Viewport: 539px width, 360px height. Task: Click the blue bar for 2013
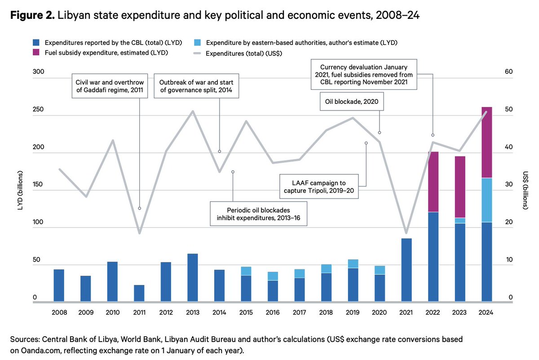[x=192, y=277]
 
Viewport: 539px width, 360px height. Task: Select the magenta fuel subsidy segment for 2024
[x=486, y=142]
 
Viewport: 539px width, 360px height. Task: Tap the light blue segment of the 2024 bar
[x=486, y=200]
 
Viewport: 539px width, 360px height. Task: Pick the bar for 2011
[x=139, y=293]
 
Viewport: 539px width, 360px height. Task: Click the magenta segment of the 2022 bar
[x=433, y=182]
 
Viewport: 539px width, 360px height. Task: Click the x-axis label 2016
[x=273, y=312]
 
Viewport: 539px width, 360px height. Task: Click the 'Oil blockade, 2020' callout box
[x=352, y=102]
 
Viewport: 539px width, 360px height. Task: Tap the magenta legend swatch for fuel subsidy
[x=37, y=53]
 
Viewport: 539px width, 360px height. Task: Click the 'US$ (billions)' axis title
[x=525, y=191]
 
